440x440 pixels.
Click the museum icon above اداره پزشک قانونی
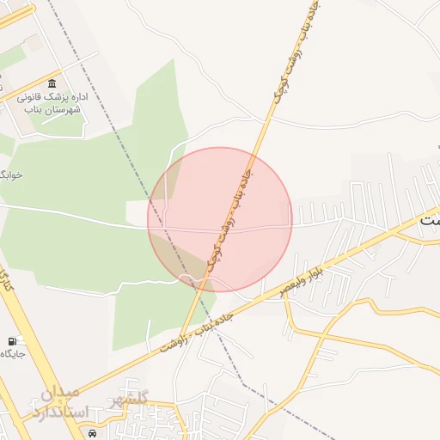tap(53, 83)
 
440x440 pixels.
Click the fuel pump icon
tap(13, 341)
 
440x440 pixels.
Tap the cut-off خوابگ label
tap(10, 174)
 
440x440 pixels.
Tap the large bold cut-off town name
tap(430, 221)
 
